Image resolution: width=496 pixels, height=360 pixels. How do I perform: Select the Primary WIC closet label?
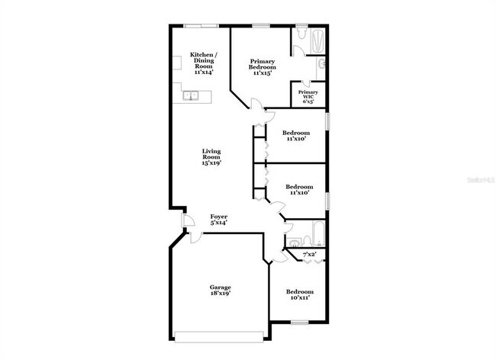[x=308, y=96]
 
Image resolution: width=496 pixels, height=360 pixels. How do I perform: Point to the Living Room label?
[x=211, y=156]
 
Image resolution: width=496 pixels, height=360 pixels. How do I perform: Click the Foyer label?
[x=219, y=220]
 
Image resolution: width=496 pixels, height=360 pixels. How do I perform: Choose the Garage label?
[x=221, y=288]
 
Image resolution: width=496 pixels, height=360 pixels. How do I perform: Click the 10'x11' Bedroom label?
[x=299, y=294]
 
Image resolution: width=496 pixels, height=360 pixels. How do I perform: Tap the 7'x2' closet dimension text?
[x=310, y=254]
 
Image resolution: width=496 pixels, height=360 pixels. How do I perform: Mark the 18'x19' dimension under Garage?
[x=221, y=293]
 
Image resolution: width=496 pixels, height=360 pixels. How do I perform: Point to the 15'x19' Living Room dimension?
[x=211, y=162]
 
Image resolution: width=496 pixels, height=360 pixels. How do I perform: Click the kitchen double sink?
[x=192, y=95]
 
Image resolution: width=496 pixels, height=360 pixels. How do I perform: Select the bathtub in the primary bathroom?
[x=316, y=38]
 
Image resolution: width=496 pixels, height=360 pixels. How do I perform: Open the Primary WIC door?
[x=307, y=83]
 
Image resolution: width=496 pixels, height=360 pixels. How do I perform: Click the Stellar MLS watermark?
[x=476, y=181]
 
